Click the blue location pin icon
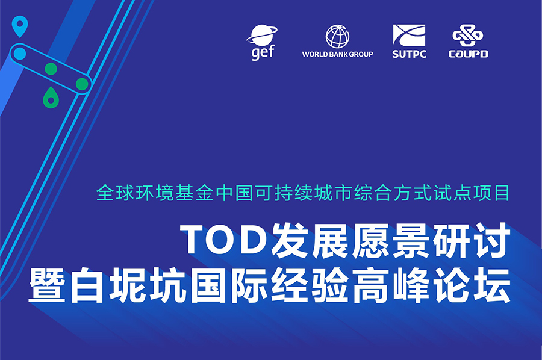pyautogui.click(x=20, y=26)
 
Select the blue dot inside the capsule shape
pyautogui.click(x=20, y=54)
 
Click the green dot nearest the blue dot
pyautogui.click(x=51, y=69)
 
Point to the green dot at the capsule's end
pyautogui.click(x=82, y=84)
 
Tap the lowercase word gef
pyautogui.click(x=263, y=52)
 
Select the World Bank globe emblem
pyautogui.click(x=337, y=36)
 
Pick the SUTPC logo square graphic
pyautogui.click(x=409, y=36)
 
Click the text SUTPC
pyautogui.click(x=409, y=54)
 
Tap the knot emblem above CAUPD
pyautogui.click(x=468, y=36)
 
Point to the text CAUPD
pyautogui.click(x=469, y=54)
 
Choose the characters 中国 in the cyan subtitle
pyautogui.click(x=234, y=193)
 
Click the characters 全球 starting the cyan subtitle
pyautogui.click(x=115, y=193)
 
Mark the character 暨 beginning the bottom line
pyautogui.click(x=47, y=285)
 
